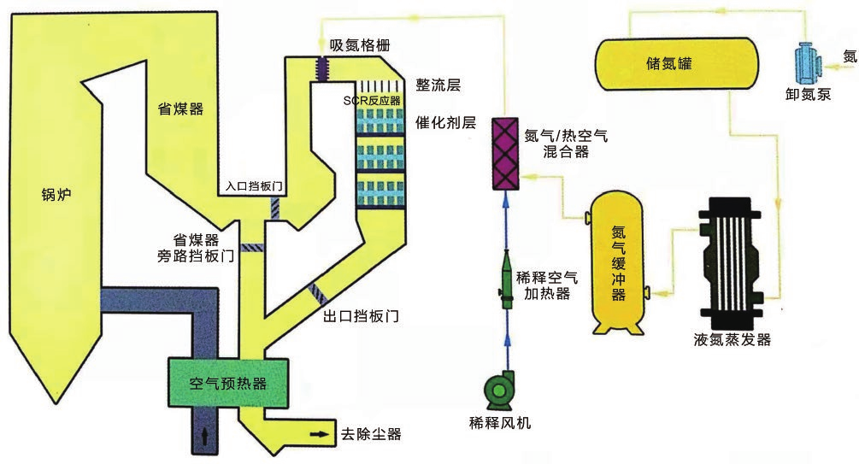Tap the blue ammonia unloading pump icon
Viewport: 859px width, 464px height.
tap(806, 60)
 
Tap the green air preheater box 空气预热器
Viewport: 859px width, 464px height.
tap(228, 383)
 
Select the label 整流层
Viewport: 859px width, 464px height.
tap(438, 85)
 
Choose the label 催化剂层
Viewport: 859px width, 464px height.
tap(444, 122)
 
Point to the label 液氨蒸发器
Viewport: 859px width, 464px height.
tap(733, 340)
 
